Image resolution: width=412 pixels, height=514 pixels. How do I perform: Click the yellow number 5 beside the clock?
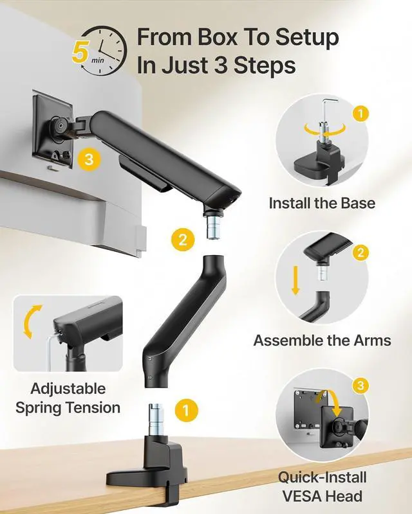[80, 51]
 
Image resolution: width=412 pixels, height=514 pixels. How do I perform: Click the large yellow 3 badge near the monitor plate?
[89, 159]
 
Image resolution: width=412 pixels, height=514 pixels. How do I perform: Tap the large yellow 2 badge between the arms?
[183, 240]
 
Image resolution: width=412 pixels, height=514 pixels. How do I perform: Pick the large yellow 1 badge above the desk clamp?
[186, 410]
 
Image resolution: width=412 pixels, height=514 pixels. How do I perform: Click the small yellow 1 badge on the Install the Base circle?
[360, 114]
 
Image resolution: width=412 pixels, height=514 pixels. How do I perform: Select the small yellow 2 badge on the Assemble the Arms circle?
[360, 253]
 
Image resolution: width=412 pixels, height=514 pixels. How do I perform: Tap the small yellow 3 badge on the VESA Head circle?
[360, 385]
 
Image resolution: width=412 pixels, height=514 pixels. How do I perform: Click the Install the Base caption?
[322, 203]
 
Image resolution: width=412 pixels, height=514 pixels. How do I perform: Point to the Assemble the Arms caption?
[322, 341]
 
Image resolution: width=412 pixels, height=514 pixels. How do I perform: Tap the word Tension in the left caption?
[94, 408]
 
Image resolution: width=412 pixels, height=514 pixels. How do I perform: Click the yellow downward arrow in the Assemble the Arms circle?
[295, 280]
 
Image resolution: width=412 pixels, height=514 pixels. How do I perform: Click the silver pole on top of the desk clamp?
[156, 420]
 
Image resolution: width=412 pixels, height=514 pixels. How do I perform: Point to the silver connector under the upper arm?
[212, 226]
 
